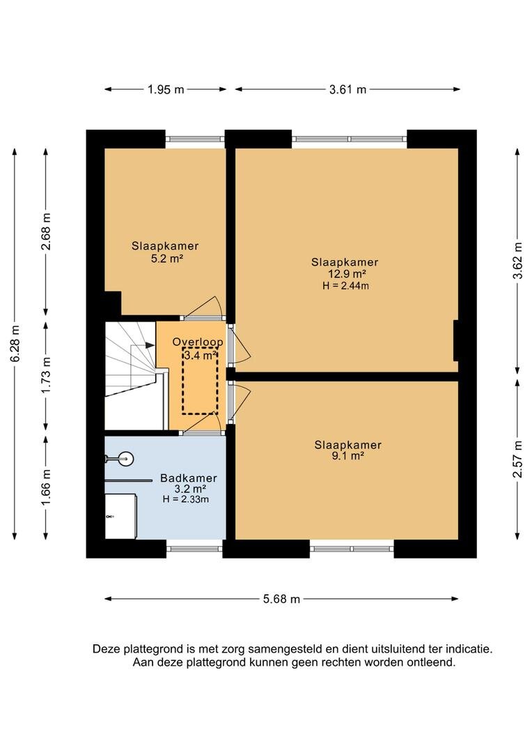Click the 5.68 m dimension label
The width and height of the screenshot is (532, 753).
[281, 599]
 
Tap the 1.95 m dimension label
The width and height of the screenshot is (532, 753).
[166, 89]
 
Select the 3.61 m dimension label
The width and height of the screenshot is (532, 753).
[347, 89]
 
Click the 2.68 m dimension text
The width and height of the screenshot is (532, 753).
[46, 231]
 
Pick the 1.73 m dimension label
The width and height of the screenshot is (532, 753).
[46, 375]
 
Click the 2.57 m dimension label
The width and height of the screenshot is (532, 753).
[517, 459]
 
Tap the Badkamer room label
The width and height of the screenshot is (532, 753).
[189, 478]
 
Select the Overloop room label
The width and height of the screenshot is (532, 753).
[198, 342]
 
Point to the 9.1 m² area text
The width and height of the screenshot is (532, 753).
[347, 456]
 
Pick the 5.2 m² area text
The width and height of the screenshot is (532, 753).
[166, 259]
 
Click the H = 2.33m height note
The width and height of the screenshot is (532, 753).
[186, 499]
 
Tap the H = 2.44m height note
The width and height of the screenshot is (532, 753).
[346, 286]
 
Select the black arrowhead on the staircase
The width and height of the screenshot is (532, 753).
[150, 345]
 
